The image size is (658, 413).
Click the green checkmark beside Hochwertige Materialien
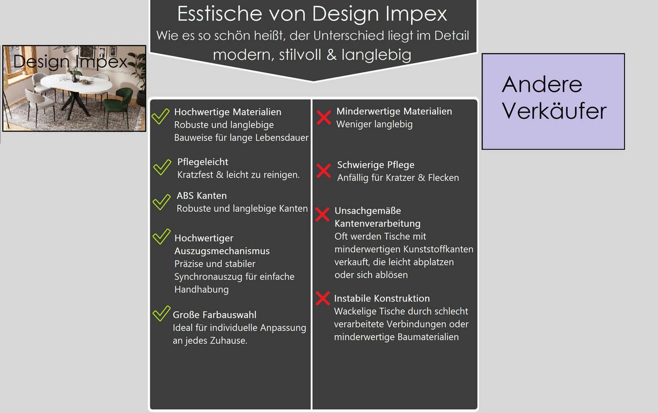(x=160, y=116)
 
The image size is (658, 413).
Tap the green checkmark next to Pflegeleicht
(x=162, y=167)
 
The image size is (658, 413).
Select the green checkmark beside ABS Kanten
(x=162, y=202)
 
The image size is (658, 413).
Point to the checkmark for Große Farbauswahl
(x=161, y=313)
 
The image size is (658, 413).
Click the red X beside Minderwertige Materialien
(x=324, y=117)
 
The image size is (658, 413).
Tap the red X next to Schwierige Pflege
(x=324, y=171)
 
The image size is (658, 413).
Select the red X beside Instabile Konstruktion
(x=323, y=298)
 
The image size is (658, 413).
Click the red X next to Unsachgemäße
(x=322, y=214)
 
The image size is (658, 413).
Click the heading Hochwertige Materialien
(x=228, y=112)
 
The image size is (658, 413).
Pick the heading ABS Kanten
(x=202, y=196)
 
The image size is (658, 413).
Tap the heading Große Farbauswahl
(x=214, y=315)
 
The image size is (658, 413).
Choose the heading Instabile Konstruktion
(x=382, y=298)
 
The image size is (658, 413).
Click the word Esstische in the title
(x=220, y=14)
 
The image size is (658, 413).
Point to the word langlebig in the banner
(x=376, y=55)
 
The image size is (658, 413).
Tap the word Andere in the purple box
(x=542, y=84)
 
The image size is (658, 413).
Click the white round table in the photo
(x=76, y=84)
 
